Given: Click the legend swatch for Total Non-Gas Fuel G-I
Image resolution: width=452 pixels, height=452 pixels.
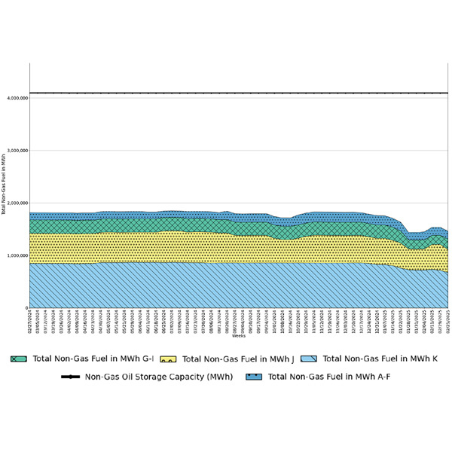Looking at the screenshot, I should point(18,359).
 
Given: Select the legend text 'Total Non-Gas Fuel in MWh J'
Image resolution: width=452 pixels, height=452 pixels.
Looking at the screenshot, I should point(237,359).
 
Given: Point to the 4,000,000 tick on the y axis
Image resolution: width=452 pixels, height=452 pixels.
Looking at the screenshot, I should point(17,98).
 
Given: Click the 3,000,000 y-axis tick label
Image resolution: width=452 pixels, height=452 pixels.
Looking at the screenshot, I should point(17,151).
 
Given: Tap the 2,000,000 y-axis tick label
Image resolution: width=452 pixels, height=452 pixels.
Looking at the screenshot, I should point(17,203).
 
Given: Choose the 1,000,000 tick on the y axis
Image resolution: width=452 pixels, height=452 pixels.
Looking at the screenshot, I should point(17,256).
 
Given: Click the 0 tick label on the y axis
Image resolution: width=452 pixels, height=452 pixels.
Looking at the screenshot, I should point(26,308).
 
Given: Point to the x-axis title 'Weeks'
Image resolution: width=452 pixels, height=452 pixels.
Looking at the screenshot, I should point(239,336).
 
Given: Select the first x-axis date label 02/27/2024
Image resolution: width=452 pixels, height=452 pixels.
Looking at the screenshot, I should point(30,321).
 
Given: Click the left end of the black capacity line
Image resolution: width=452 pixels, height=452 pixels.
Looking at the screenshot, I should point(31,93).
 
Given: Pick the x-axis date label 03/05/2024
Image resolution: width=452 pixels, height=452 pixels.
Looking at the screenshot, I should point(38,321).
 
